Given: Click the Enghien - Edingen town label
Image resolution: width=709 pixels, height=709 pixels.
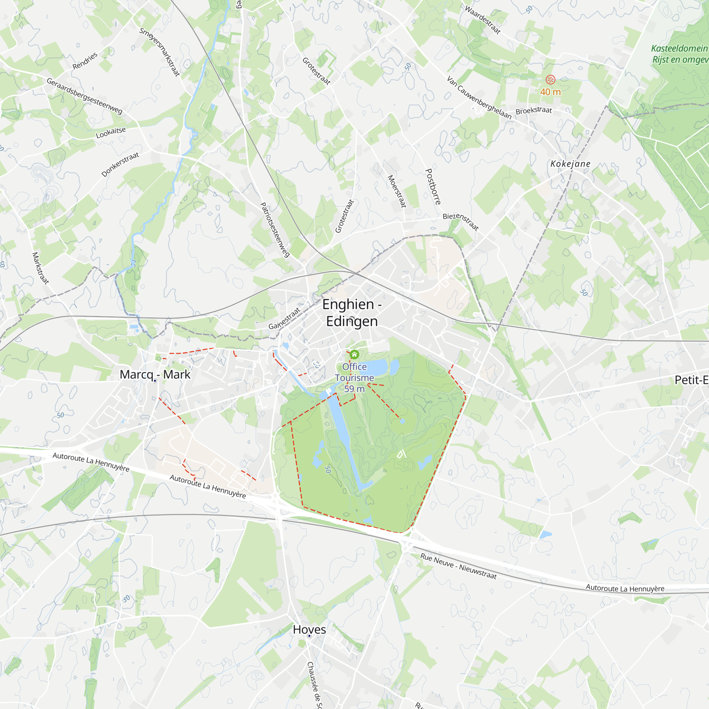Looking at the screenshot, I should (x=352, y=313).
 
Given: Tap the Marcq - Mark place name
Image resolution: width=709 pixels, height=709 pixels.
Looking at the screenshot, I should (x=155, y=375).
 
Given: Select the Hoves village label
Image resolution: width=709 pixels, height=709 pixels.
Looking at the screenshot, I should (x=309, y=629).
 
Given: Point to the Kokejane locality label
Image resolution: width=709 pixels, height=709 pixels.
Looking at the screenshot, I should (x=570, y=164).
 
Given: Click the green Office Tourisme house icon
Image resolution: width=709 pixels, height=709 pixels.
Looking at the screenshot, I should (x=354, y=354).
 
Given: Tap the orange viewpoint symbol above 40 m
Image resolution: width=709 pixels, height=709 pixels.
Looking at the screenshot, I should (x=551, y=80).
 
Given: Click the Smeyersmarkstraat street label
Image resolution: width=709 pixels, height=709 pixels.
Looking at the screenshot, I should (x=160, y=52).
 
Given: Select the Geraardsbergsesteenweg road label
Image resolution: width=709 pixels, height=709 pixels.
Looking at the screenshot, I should (x=84, y=96).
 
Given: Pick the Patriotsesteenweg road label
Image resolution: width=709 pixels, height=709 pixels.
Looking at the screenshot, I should (x=275, y=230).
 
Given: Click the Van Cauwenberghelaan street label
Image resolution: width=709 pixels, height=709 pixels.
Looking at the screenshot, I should (x=479, y=97).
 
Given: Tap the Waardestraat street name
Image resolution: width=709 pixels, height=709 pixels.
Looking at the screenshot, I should (x=482, y=20).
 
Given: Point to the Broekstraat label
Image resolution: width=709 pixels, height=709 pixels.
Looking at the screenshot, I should (x=534, y=111).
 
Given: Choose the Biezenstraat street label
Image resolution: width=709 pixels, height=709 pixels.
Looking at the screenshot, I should (x=461, y=222).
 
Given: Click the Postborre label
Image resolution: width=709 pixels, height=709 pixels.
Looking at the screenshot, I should (x=433, y=187).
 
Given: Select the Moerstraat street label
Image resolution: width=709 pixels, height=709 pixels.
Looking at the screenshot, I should (x=397, y=191).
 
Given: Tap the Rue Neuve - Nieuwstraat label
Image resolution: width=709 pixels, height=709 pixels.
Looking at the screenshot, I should (x=458, y=566).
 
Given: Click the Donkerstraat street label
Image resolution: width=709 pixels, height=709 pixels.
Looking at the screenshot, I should (x=121, y=164).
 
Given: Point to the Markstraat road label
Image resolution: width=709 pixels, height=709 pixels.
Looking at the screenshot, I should (x=40, y=268).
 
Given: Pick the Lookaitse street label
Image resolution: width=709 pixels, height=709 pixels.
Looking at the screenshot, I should (x=111, y=133).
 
